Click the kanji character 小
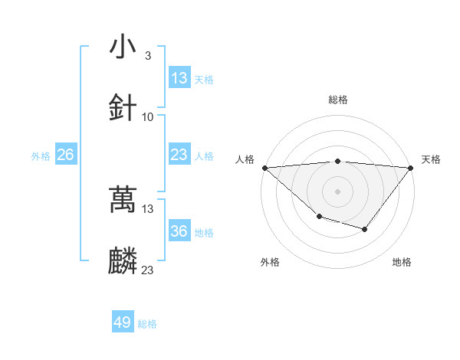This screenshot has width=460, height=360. [123, 47]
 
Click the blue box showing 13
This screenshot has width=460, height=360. [179, 78]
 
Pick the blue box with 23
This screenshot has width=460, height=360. [179, 155]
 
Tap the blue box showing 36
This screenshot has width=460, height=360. [179, 231]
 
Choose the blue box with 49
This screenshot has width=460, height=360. [123, 322]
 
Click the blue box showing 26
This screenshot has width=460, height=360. [65, 155]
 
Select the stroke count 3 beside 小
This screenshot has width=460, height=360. [147, 56]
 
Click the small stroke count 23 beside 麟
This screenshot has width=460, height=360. [147, 270]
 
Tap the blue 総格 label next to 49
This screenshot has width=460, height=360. [147, 324]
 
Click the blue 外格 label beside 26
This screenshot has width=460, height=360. [41, 156]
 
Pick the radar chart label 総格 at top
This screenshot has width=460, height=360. [337, 100]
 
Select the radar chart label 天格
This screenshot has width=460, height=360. [431, 159]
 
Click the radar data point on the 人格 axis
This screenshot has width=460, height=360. [264, 168]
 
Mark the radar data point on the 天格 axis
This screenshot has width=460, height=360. [410, 168]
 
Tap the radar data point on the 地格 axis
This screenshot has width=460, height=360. [365, 229]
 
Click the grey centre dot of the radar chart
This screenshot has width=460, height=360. [337, 191]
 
